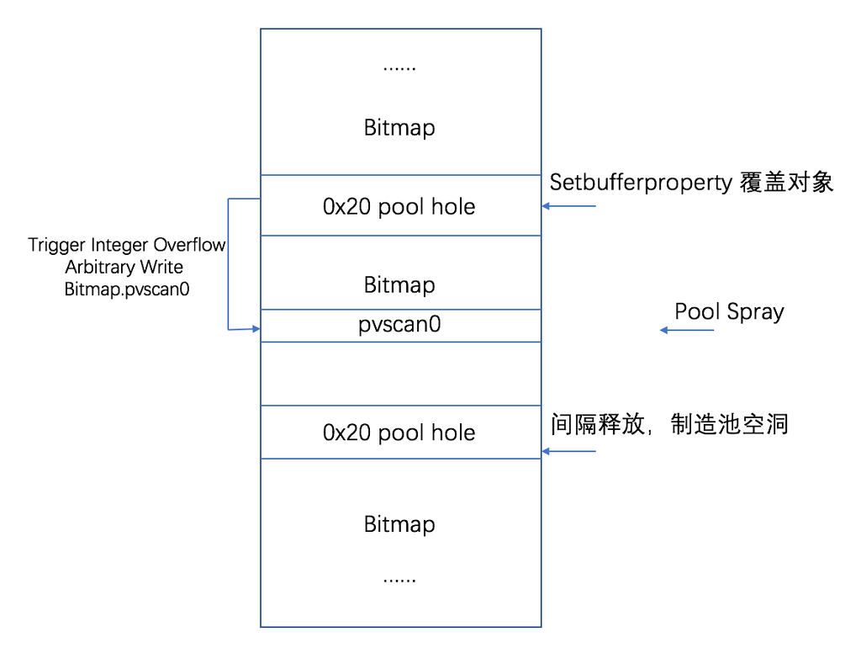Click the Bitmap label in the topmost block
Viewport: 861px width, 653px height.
(399, 128)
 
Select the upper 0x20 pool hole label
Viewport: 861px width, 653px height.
(399, 207)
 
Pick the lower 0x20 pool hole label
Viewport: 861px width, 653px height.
(399, 433)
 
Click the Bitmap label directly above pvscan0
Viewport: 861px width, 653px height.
(399, 284)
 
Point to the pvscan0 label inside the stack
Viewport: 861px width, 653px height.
(399, 325)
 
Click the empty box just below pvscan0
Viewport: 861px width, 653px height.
(400, 374)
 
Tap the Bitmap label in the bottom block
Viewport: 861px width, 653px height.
(399, 524)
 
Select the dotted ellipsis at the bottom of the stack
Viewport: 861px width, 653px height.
(399, 580)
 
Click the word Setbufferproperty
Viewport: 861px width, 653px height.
(641, 183)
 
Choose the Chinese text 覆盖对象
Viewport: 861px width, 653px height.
(786, 183)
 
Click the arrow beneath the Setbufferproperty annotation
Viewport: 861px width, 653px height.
(569, 205)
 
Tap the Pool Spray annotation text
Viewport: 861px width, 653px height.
(729, 312)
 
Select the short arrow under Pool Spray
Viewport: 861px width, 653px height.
(687, 330)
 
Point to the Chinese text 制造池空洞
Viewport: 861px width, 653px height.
(729, 423)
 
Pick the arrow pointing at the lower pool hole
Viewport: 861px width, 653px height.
(569, 452)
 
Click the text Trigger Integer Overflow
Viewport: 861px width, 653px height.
(127, 245)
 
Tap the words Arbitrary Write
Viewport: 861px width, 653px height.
(124, 267)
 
